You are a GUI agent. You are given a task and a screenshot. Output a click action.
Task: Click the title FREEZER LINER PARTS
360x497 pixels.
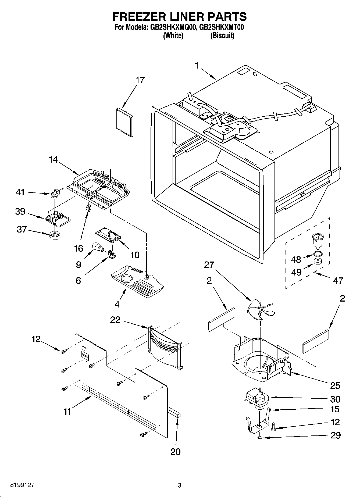tap(179, 16)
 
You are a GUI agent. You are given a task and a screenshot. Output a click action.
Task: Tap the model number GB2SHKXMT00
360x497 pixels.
tap(222, 27)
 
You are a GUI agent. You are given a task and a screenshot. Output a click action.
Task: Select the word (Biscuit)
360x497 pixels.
tap(222, 35)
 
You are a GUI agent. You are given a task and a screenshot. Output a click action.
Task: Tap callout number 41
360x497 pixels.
tap(20, 192)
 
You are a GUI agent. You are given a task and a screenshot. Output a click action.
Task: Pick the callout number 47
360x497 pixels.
tap(338, 280)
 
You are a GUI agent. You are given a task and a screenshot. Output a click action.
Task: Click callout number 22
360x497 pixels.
tap(115, 320)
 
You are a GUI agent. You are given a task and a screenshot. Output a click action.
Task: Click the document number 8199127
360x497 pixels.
tap(22, 485)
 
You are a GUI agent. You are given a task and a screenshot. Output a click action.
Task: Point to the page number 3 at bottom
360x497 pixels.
tap(180, 485)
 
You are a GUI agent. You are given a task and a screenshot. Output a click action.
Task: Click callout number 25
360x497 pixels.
tap(335, 385)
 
